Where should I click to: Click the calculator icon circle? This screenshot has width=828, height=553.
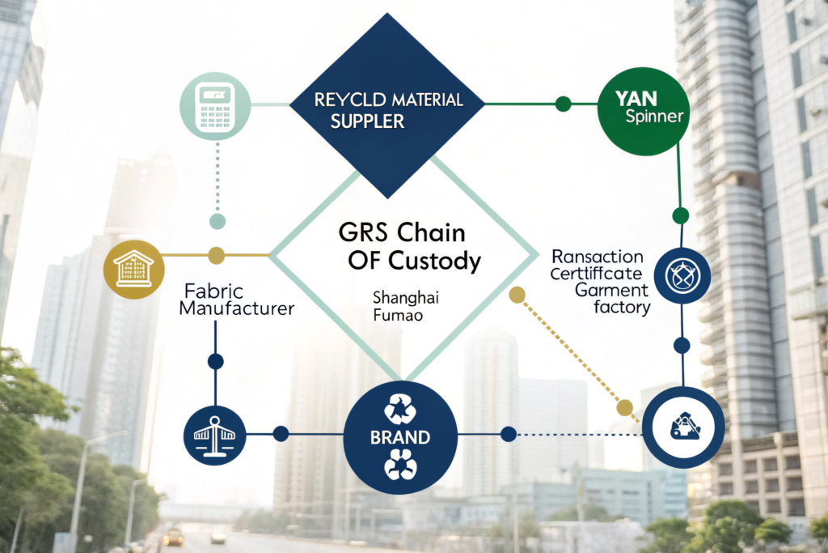coord(214,104)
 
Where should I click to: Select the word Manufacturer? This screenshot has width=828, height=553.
coord(236,308)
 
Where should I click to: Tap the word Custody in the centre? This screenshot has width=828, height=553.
coord(437,262)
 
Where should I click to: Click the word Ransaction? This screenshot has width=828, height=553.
coord(597,257)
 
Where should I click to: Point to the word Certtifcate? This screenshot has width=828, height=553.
coord(597,274)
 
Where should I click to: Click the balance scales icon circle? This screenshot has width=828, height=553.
coord(214,434)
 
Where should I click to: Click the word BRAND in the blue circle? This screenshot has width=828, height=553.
coord(399,438)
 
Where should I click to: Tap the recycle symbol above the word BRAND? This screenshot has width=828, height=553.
coord(399,409)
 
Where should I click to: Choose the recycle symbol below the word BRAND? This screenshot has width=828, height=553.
coord(399,468)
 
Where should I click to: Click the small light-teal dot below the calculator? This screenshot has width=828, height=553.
coord(217,221)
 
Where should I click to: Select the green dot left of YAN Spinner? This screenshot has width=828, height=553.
coord(564,104)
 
